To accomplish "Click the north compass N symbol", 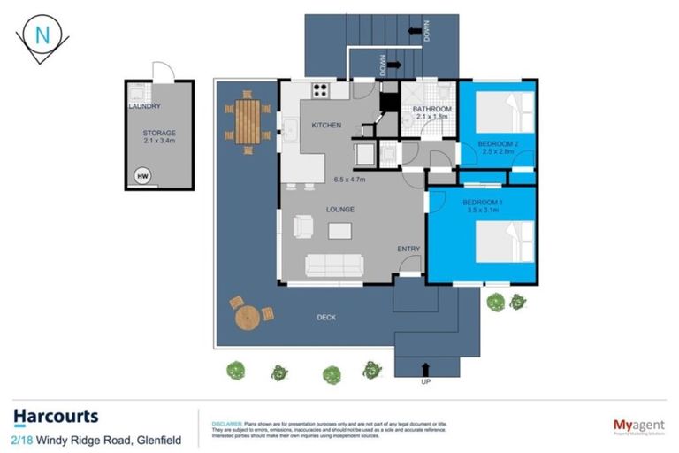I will coord(41,36).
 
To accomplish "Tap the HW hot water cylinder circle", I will coord(142,177).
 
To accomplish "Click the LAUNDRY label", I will coord(144,106).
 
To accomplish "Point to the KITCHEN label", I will coord(325,126).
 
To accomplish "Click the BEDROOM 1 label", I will coord(483,207).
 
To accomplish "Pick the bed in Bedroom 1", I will coord(505,239).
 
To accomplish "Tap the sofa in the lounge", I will coord(333,265).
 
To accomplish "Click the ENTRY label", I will coord(408,249).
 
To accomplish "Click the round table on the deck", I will coord(248,316).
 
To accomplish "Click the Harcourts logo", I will coord(56,417).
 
